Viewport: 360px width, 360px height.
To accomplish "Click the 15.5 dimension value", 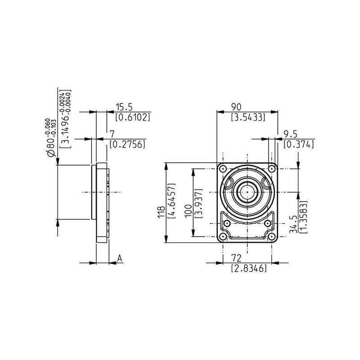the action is (x=124, y=107).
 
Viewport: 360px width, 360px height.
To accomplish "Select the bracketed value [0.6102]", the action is (x=133, y=117).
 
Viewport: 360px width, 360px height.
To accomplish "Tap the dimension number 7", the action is (x=112, y=134).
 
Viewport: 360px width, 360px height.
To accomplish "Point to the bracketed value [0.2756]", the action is (x=127, y=144).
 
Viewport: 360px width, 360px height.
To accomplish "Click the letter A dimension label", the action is (x=120, y=258).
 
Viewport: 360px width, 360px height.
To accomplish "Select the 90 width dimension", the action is (x=236, y=107).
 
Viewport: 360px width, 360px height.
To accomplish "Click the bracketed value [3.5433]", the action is (x=248, y=117).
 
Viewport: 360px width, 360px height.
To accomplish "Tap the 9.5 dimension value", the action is (x=290, y=134).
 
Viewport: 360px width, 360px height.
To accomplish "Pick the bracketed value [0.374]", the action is (x=299, y=144).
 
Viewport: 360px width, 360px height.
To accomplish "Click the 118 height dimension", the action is (x=161, y=212).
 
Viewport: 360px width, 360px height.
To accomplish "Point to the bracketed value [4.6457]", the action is (x=172, y=200).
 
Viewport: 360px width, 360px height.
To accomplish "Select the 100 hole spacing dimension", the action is (x=188, y=211).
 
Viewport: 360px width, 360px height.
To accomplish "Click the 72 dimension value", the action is (x=236, y=258).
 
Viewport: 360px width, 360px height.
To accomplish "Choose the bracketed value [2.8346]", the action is (x=249, y=268).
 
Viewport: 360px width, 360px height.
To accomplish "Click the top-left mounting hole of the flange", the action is (x=222, y=169).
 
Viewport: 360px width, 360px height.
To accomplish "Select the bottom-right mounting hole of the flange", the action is (x=272, y=237).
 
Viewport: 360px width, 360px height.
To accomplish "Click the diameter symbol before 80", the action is (x=51, y=153).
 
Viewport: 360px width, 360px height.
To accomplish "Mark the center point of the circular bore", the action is (x=247, y=192).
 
